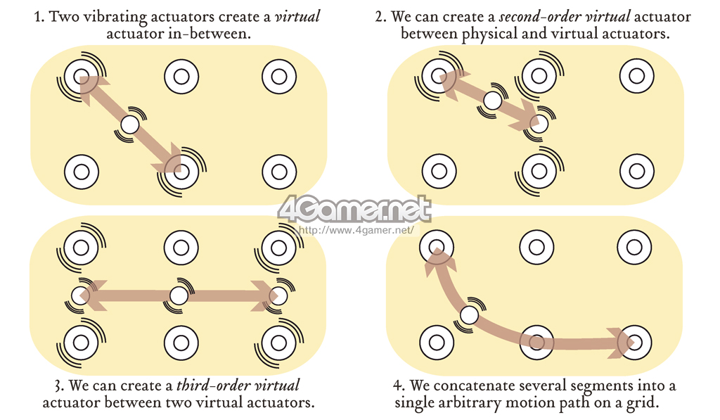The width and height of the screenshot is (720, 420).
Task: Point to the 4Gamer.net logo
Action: click(x=354, y=208)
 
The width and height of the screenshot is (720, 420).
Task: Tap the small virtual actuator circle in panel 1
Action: click(x=130, y=125)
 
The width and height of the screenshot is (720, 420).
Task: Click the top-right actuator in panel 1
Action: click(x=278, y=75)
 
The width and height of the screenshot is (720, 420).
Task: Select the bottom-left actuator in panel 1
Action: click(x=81, y=170)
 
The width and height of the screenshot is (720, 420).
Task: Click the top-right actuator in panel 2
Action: click(x=636, y=75)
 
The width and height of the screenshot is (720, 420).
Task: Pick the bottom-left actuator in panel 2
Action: click(x=439, y=170)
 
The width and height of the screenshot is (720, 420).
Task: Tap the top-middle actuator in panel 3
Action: click(x=181, y=248)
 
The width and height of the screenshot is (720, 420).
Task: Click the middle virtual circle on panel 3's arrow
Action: click(x=179, y=295)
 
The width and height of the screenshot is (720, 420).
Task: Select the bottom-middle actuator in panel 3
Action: click(x=181, y=343)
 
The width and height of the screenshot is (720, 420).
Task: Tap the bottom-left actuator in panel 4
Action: click(x=437, y=343)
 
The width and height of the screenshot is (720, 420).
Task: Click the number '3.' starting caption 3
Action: click(x=58, y=386)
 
